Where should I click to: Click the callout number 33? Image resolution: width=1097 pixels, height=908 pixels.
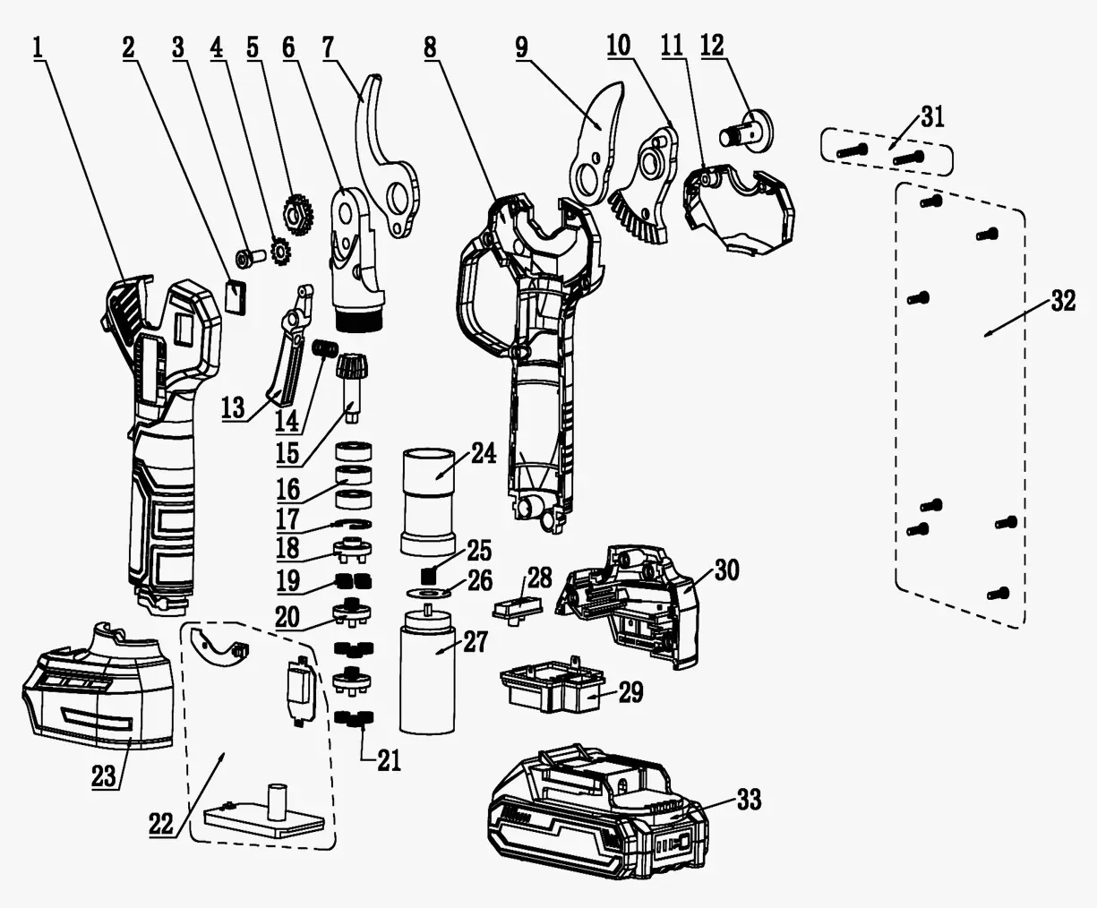coord(748,799)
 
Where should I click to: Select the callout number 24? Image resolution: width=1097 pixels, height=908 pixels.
coord(483,453)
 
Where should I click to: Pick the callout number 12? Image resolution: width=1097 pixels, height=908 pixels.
coord(713,45)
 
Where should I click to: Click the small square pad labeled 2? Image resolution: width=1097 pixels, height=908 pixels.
coord(235,296)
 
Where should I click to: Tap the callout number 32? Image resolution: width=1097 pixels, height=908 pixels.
coord(1062,302)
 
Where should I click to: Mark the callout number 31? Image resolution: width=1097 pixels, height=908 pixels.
coord(932,117)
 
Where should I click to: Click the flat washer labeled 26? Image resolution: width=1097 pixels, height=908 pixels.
coord(431,592)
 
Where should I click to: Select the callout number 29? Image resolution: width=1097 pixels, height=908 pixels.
coord(630,692)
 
